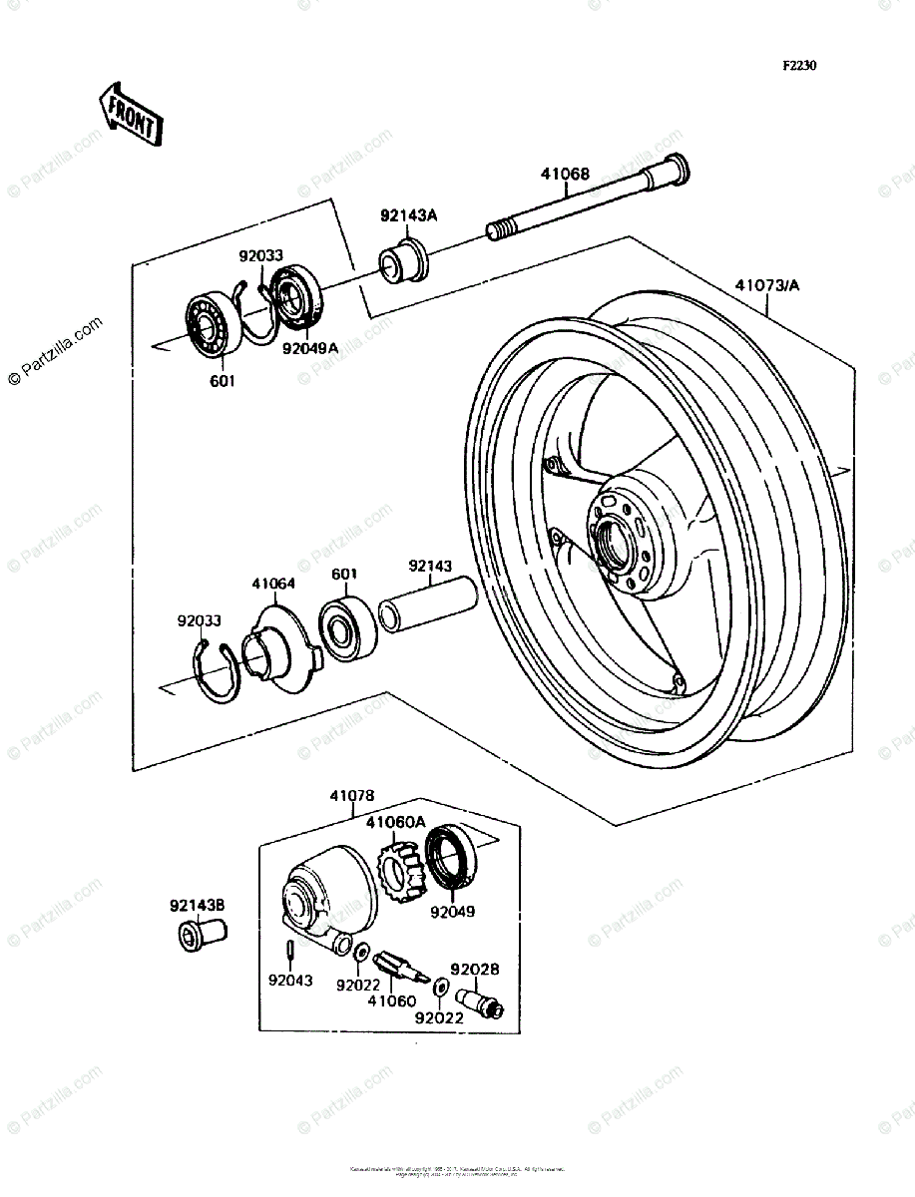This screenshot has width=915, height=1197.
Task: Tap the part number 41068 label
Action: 565,174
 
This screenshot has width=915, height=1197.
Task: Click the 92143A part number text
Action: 408,214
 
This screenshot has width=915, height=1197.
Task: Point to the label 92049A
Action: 309,349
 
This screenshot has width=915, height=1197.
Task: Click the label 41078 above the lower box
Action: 352,796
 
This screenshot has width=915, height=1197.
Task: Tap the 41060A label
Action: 395,822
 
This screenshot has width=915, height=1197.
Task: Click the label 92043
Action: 289,981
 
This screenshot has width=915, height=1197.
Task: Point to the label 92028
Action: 474,969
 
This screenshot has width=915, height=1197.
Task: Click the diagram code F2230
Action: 798,65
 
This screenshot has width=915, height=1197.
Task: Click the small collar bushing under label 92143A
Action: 402,261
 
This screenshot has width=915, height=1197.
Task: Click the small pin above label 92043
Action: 288,947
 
